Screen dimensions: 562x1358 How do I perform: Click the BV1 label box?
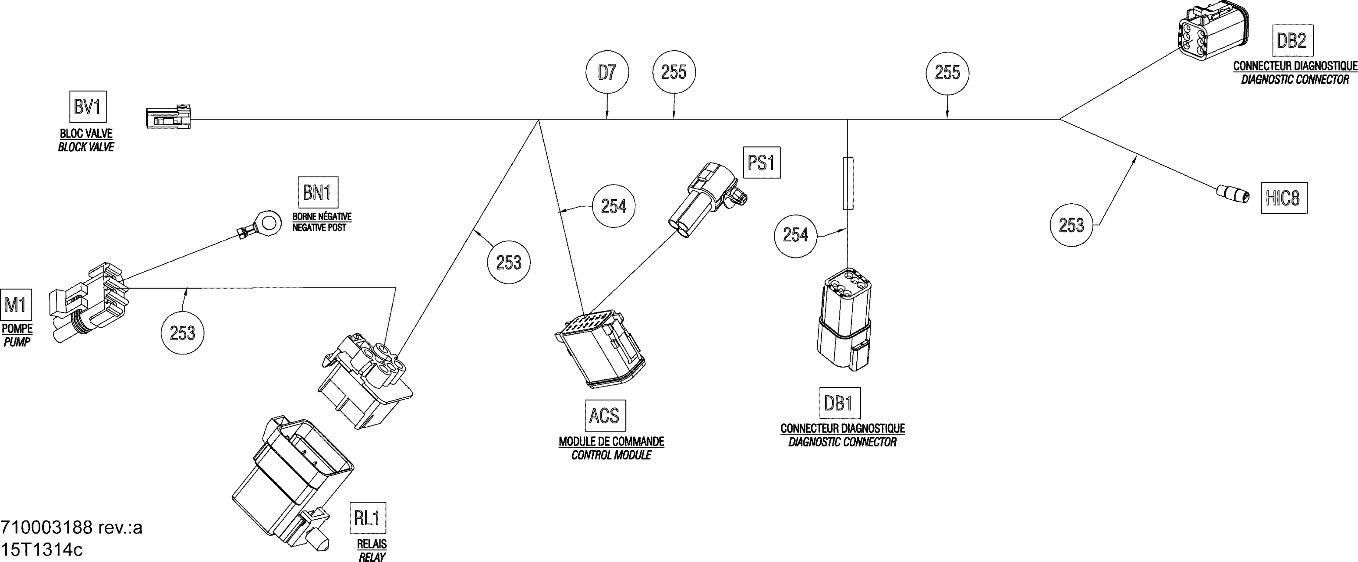(x=87, y=107)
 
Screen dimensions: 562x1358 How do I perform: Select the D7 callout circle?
(x=607, y=73)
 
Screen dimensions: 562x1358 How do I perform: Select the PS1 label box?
(x=761, y=162)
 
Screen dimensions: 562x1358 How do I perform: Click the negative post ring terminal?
(x=261, y=224)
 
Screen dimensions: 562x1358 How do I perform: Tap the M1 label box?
(x=16, y=304)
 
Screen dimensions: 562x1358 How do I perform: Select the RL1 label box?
(x=367, y=518)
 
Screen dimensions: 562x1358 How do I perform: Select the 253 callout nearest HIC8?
(x=1071, y=225)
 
